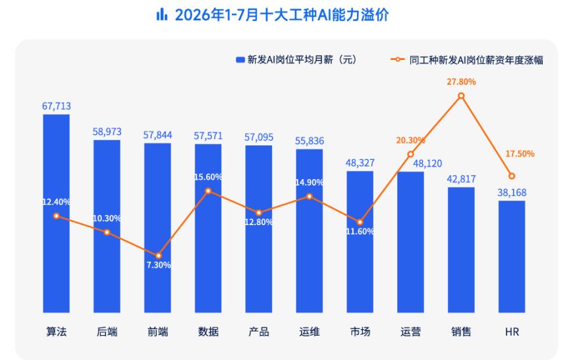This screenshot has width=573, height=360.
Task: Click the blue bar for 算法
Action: (x=56, y=213)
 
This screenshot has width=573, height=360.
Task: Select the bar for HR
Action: (x=512, y=256)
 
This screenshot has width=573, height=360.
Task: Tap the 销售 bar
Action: (x=461, y=249)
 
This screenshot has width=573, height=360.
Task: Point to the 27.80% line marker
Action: (x=461, y=95)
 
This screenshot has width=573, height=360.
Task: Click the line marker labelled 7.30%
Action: (x=158, y=255)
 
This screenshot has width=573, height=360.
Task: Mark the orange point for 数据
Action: (x=208, y=191)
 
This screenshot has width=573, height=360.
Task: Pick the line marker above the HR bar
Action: (x=512, y=176)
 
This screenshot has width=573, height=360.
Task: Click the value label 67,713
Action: (x=56, y=106)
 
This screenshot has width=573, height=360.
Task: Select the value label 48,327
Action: (x=360, y=163)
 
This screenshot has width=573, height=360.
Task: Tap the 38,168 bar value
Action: (x=512, y=192)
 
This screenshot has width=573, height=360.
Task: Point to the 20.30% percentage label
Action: (x=410, y=140)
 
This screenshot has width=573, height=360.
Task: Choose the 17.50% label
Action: (x=520, y=154)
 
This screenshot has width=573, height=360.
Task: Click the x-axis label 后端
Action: (x=107, y=332)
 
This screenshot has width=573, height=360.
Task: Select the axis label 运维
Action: (x=310, y=332)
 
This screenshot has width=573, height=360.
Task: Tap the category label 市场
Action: (x=360, y=332)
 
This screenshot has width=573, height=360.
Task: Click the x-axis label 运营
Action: (x=410, y=332)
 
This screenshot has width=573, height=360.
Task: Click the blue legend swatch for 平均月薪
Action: (x=240, y=59)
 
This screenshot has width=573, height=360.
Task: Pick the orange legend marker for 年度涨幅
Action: (x=397, y=59)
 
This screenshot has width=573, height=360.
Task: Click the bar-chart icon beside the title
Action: (x=161, y=14)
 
